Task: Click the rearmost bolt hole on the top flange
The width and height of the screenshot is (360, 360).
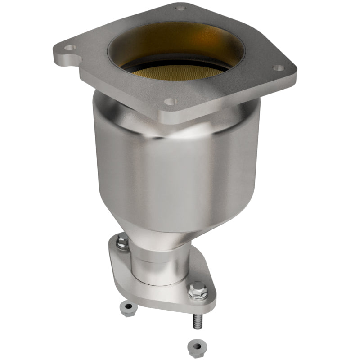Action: [180, 8]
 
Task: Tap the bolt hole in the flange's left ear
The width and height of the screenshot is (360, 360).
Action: [69, 47]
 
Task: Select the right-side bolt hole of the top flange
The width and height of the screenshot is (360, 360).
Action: [279, 68]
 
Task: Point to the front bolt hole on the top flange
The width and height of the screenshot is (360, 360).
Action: [169, 102]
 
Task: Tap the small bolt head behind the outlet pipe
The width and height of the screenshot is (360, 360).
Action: [123, 243]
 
